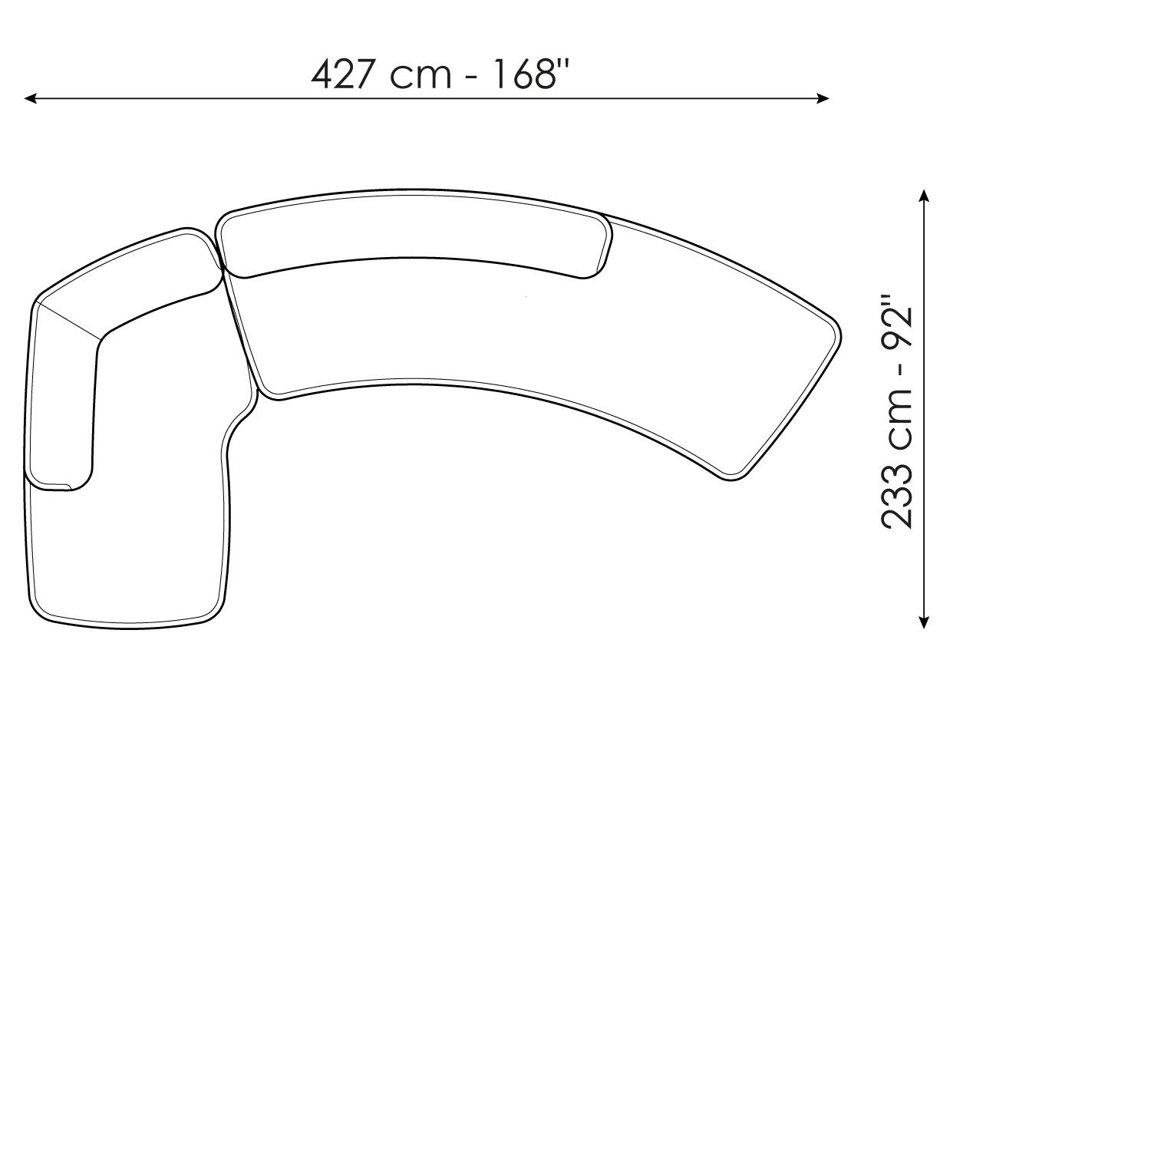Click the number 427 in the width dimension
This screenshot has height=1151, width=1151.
tap(344, 74)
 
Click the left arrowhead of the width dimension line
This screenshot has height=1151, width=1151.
tap(31, 98)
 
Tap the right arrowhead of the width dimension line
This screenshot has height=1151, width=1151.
tap(823, 98)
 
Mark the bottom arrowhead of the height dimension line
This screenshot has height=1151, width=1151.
tap(925, 622)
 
